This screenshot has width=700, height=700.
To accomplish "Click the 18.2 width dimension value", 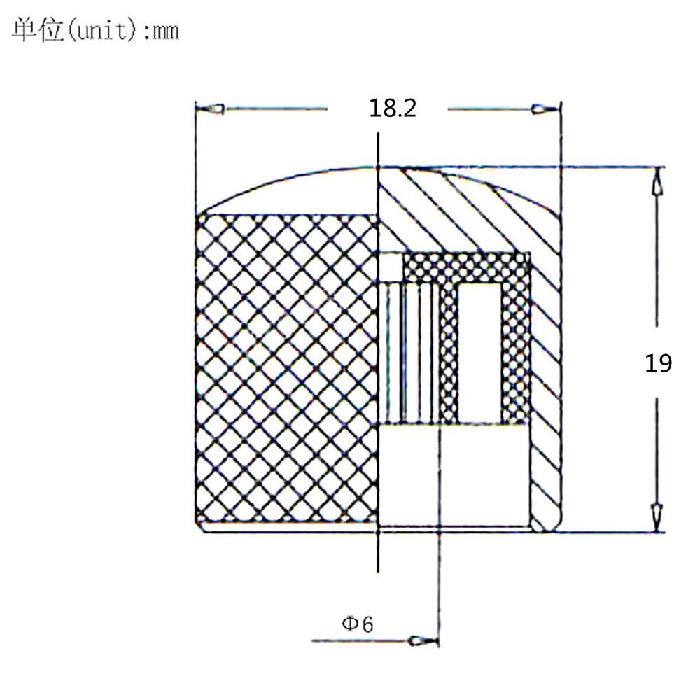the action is tap(393, 108).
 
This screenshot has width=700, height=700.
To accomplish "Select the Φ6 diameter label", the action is tap(357, 624).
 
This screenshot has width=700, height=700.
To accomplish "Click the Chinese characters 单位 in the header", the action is tap(38, 30).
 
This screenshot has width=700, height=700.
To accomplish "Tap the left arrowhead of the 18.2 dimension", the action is tap(210, 108).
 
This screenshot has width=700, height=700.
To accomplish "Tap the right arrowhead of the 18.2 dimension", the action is tap(545, 108).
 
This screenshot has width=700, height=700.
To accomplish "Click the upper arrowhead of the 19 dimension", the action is tap(657, 182).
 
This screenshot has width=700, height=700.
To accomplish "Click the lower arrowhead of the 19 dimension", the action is tap(657, 518).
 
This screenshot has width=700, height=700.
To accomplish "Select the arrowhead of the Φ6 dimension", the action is tap(423, 641).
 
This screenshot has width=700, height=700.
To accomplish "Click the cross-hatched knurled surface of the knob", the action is tap(286, 368).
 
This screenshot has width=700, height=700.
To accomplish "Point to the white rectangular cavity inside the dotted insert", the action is tap(480, 353).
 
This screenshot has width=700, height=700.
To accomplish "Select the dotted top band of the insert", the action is tap(466, 268).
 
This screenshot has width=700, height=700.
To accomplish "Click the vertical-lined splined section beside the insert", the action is tap(409, 353).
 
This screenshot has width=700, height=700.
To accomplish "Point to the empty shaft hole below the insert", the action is tap(454, 475).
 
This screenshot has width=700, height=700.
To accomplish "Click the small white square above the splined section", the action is tap(391, 267).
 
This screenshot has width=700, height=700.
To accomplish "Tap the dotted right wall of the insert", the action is tap(516, 353).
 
